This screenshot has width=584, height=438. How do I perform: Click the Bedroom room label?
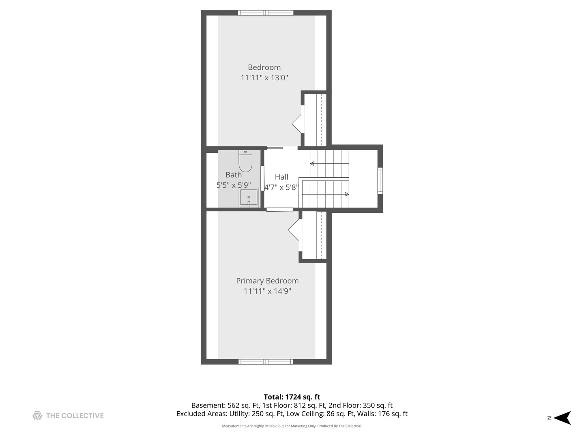(264, 67)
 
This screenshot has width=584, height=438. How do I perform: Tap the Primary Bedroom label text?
(267, 281)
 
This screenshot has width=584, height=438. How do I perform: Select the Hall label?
(281, 177)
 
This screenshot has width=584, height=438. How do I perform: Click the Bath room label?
(234, 175)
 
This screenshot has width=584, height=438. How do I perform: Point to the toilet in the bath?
(245, 161)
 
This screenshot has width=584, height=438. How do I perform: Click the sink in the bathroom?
(249, 198)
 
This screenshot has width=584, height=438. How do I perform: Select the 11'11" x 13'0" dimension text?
(264, 77)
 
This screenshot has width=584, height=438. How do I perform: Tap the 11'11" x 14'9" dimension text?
(267, 291)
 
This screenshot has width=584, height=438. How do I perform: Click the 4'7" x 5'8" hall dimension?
(281, 187)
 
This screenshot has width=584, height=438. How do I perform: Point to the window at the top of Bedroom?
(266, 13)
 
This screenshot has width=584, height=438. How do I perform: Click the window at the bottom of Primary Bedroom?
(266, 361)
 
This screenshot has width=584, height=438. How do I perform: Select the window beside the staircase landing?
(380, 181)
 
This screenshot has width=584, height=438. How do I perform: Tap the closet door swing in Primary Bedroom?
(294, 230)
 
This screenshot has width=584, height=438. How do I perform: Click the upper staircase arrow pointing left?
(312, 163)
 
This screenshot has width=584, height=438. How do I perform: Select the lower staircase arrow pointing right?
(346, 194)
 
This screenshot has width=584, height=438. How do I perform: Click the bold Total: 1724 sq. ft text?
(292, 397)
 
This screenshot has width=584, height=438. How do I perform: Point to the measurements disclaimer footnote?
(292, 426)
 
